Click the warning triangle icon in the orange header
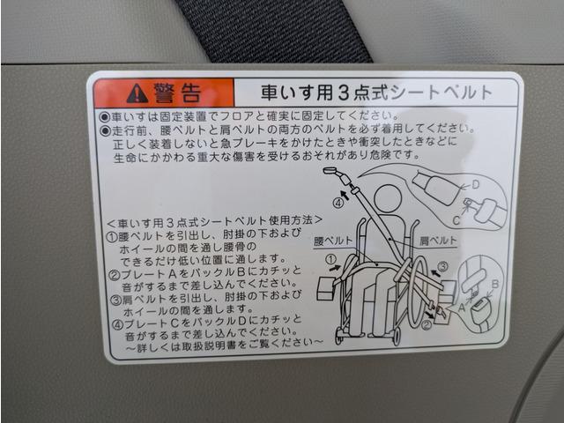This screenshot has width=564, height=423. (x=137, y=94)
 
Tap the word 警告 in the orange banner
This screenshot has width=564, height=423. (x=177, y=93)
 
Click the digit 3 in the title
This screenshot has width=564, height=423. (x=344, y=93)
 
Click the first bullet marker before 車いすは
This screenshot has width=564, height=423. (x=105, y=117)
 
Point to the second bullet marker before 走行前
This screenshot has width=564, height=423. (x=105, y=130)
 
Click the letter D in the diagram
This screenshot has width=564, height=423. (x=476, y=185)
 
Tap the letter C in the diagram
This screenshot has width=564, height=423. (x=456, y=219)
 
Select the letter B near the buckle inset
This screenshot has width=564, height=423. (x=495, y=284)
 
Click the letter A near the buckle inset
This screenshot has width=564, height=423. (x=462, y=307)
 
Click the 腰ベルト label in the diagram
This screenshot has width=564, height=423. (x=333, y=241)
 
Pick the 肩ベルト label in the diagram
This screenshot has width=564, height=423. (x=438, y=241)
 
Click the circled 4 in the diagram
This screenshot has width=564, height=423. (x=338, y=204)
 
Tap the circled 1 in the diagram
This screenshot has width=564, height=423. (x=330, y=259)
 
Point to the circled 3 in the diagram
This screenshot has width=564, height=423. (x=443, y=266)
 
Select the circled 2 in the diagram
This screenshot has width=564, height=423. (x=427, y=325)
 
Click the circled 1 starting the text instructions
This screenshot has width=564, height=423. (x=113, y=236)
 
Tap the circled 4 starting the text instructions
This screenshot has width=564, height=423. (x=117, y=325)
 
